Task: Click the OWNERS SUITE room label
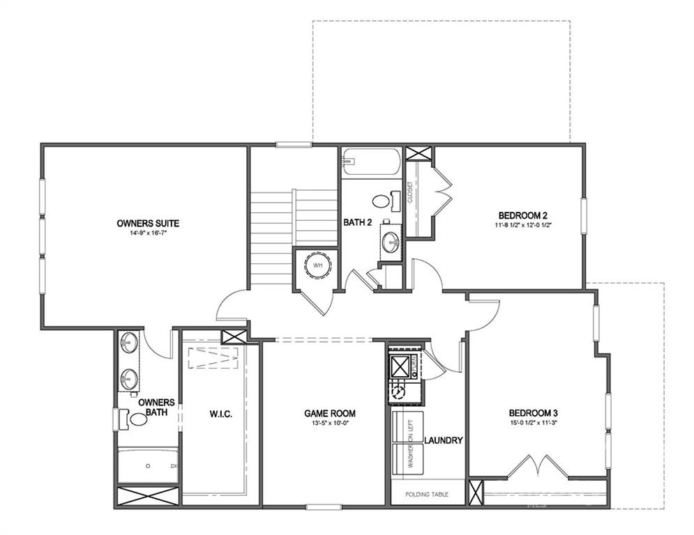click(x=148, y=223)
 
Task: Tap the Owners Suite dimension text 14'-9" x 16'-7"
click(x=148, y=233)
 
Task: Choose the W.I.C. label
click(x=220, y=414)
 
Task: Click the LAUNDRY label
click(x=444, y=440)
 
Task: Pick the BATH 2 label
click(x=357, y=222)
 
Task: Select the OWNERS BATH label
click(x=156, y=408)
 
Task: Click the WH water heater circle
click(x=317, y=265)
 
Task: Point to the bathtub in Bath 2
click(x=372, y=162)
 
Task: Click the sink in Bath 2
click(x=391, y=243)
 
